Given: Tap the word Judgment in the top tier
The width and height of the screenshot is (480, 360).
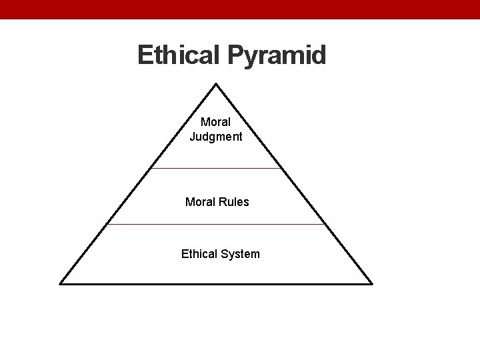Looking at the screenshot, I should coord(216,137).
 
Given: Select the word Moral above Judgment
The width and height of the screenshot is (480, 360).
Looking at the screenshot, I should coord(216,123).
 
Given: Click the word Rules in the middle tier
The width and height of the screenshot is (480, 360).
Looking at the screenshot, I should coord(234,201).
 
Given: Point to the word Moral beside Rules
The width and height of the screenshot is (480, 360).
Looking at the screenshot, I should coord(201,201).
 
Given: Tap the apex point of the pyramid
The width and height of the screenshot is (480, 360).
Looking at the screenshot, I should coord(217,84).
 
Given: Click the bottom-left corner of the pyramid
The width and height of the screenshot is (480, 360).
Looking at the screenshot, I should coord(61,283).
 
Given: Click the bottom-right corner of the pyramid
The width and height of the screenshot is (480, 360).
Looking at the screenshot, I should coord(372,283).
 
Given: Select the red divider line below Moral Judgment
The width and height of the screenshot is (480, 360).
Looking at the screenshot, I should coord(217,168).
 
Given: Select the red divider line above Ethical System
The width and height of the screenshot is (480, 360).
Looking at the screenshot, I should coord(217,225).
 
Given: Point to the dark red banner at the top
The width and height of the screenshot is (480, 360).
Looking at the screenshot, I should coord(240,9).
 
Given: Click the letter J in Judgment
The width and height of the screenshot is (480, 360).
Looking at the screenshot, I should coord(193,137).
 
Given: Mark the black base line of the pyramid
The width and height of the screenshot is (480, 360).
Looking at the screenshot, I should coord(217,283).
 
